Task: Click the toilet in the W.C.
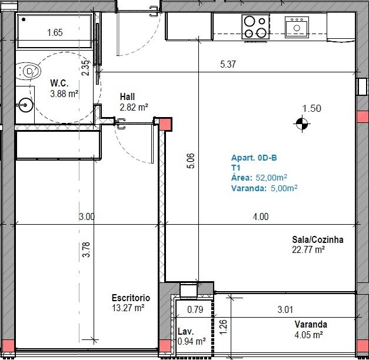(x=29, y=71)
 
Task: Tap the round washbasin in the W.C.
(x=25, y=105)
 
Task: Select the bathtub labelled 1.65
(x=55, y=31)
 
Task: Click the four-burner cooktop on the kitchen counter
(x=255, y=26)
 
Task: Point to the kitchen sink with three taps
(x=297, y=27)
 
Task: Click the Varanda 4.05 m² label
(x=311, y=329)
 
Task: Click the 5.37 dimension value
(x=228, y=64)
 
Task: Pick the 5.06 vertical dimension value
(x=191, y=161)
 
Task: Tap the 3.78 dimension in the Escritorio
(x=87, y=249)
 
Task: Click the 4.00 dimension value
(x=261, y=216)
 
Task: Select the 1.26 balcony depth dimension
(x=223, y=327)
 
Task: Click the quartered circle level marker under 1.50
(x=302, y=124)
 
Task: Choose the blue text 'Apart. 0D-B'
(x=254, y=158)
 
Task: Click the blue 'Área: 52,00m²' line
(x=259, y=178)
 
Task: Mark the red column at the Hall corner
(x=165, y=124)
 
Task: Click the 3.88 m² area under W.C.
(x=64, y=94)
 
